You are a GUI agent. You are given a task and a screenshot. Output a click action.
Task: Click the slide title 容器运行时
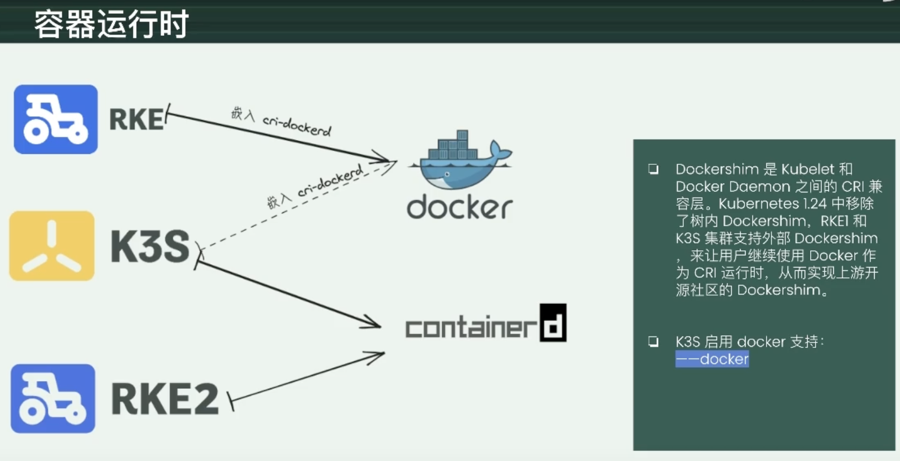click(x=111, y=24)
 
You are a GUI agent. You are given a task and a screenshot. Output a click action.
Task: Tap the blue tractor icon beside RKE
click(x=56, y=119)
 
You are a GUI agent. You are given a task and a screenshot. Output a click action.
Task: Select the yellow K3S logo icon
click(x=52, y=246)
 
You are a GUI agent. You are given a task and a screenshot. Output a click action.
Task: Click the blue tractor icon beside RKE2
click(x=53, y=398)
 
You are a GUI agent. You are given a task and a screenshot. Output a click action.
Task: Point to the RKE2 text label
click(x=165, y=399)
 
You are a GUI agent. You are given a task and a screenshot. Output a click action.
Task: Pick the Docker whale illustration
click(x=460, y=160)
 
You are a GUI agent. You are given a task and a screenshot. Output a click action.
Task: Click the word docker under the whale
click(x=459, y=207)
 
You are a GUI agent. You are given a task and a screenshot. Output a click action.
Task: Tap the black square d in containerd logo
click(x=553, y=323)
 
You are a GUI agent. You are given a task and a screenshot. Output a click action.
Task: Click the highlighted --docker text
click(x=712, y=360)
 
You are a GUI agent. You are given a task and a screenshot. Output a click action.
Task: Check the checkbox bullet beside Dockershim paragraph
click(x=653, y=169)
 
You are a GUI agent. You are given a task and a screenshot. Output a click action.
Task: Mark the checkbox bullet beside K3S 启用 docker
click(x=653, y=342)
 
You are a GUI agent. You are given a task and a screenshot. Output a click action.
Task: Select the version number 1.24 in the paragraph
click(x=815, y=204)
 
